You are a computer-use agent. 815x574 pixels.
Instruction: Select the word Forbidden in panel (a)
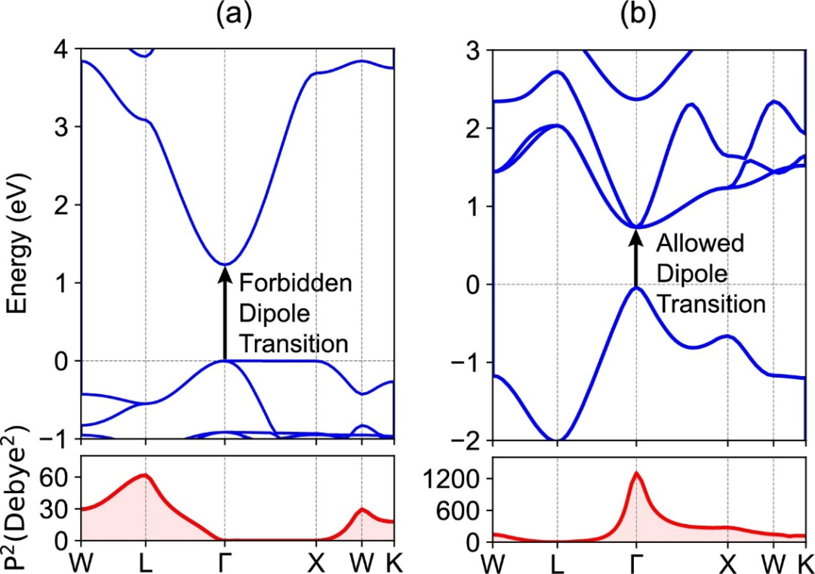tap(295, 284)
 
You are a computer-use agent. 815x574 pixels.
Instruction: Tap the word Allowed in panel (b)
tap(700, 243)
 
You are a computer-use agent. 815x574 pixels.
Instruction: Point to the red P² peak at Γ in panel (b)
tap(635, 474)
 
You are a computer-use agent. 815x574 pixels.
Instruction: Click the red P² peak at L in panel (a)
tap(143, 475)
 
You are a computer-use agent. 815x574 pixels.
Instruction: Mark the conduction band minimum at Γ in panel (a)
tap(224, 264)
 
